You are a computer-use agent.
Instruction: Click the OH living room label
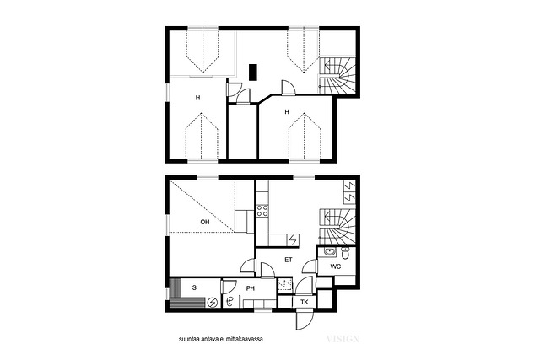coord(205,222)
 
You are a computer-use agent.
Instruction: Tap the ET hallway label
coord(289,260)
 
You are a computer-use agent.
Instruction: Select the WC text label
coord(336,266)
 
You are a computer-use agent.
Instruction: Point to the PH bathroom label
coord(251,288)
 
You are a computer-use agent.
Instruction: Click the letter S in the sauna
coord(194,287)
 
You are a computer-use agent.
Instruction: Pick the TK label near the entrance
coord(305,302)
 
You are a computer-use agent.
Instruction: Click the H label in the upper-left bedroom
coord(197,98)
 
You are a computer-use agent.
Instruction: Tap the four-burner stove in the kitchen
coord(262,211)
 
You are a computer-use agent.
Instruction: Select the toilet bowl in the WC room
coord(345,253)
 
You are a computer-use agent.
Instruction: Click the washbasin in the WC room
coord(330,252)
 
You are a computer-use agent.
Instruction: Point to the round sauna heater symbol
coord(213,303)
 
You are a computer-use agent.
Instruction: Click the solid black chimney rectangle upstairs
coord(253,73)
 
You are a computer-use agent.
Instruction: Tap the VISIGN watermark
coord(343,339)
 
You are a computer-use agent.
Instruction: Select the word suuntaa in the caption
coord(187,340)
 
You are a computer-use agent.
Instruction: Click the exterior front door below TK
coord(305,319)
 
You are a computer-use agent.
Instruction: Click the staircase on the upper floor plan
coord(337,75)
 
